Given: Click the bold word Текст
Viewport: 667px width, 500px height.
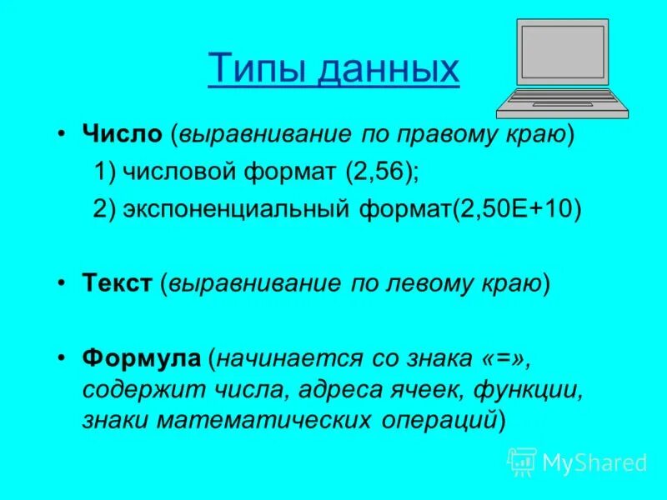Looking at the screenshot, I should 118,284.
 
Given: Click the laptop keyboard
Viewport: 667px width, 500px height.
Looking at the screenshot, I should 562,98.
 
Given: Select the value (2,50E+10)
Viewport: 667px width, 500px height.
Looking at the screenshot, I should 516,209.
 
